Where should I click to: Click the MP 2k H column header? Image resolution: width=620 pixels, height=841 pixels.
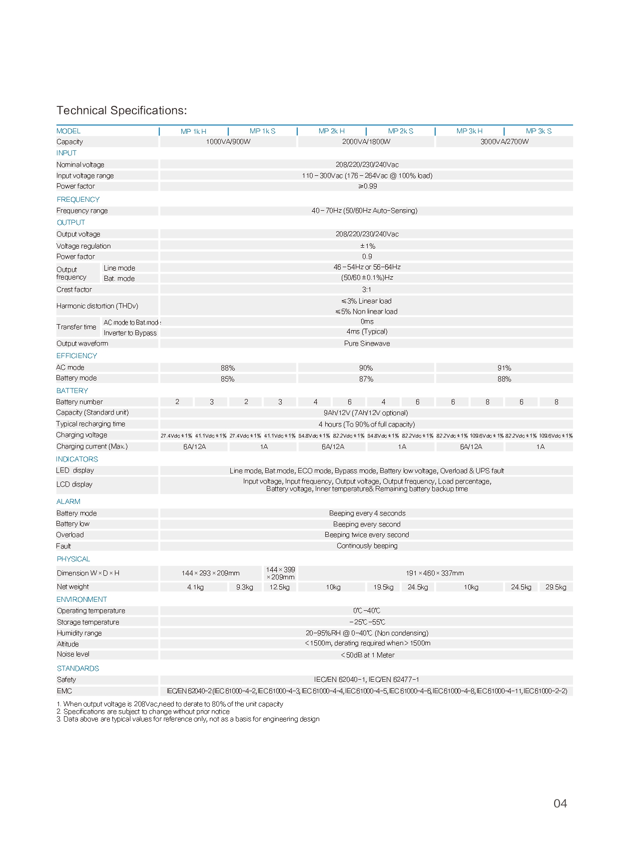331,131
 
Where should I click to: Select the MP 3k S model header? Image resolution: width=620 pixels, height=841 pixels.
539,131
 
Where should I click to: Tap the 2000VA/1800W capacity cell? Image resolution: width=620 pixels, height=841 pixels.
366,142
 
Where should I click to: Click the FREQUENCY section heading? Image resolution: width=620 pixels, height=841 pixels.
78,199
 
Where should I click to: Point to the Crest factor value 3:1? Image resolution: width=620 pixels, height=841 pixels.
366,290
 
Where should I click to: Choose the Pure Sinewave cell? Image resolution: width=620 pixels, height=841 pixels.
367,344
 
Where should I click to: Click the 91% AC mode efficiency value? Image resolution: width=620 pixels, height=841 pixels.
504,368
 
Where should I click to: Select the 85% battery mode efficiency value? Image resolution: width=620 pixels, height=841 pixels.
227,379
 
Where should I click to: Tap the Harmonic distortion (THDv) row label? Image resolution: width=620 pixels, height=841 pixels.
97,306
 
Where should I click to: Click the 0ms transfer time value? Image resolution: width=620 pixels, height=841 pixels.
367,322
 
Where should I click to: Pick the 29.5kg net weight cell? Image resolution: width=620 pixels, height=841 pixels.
556,587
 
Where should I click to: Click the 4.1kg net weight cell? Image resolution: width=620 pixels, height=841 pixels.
195,587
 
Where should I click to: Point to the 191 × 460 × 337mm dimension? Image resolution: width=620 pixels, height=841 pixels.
435,573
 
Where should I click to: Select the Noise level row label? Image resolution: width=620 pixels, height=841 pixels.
73,654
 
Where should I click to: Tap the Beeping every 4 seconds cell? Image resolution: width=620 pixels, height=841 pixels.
367,513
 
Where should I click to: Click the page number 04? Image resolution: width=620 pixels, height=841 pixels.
560,803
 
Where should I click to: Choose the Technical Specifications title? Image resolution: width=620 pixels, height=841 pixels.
121,110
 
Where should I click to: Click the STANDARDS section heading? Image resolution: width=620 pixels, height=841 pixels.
77,668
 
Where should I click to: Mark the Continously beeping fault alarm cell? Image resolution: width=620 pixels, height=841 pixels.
367,546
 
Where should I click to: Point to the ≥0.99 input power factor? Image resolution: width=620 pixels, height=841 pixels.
367,186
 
